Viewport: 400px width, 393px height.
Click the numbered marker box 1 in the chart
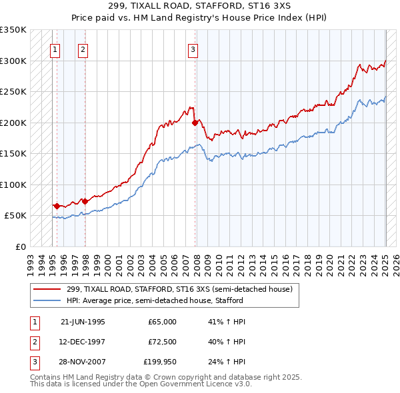[x=55, y=49]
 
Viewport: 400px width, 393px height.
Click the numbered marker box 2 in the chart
[x=83, y=49]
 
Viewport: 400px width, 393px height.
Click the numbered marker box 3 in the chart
[x=193, y=49]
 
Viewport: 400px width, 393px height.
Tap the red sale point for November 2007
[x=195, y=123]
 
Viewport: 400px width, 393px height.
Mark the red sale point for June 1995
[x=57, y=206]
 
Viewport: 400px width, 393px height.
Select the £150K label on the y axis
[x=13, y=154]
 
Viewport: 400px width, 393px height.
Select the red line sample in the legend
[x=47, y=289]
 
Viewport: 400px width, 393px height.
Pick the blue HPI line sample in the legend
[x=47, y=300]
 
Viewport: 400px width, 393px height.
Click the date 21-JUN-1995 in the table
[x=83, y=322]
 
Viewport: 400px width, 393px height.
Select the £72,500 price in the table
[x=162, y=342]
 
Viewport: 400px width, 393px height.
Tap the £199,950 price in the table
[x=160, y=362]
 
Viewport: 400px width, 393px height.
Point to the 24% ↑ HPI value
[x=227, y=362]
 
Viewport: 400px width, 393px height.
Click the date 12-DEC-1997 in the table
[x=83, y=342]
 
